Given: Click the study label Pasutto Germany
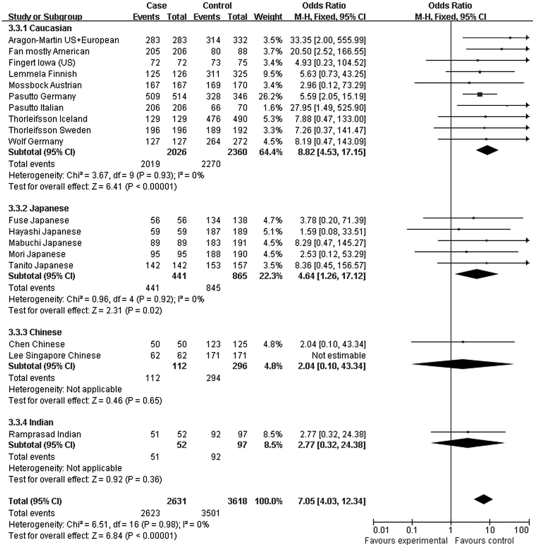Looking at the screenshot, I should click(42, 96).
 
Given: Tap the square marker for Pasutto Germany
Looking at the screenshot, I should click(480, 94).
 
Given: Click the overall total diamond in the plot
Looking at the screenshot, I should click(483, 499).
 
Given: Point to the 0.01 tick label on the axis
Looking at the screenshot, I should click(380, 530).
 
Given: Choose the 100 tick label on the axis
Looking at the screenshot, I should click(521, 530).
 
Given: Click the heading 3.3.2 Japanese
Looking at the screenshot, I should click(39, 208).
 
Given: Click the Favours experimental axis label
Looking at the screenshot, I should click(406, 540).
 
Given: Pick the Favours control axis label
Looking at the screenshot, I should click(484, 540).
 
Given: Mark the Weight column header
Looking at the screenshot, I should click(268, 17).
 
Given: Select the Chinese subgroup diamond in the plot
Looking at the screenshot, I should click(463, 364).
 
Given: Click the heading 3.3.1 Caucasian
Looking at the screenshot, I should click(40, 28).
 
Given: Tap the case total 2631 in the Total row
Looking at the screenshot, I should click(177, 501).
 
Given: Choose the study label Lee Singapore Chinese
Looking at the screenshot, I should click(55, 355).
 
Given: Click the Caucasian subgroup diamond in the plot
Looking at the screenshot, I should click(486, 150).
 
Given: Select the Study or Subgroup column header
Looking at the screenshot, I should click(45, 17).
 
